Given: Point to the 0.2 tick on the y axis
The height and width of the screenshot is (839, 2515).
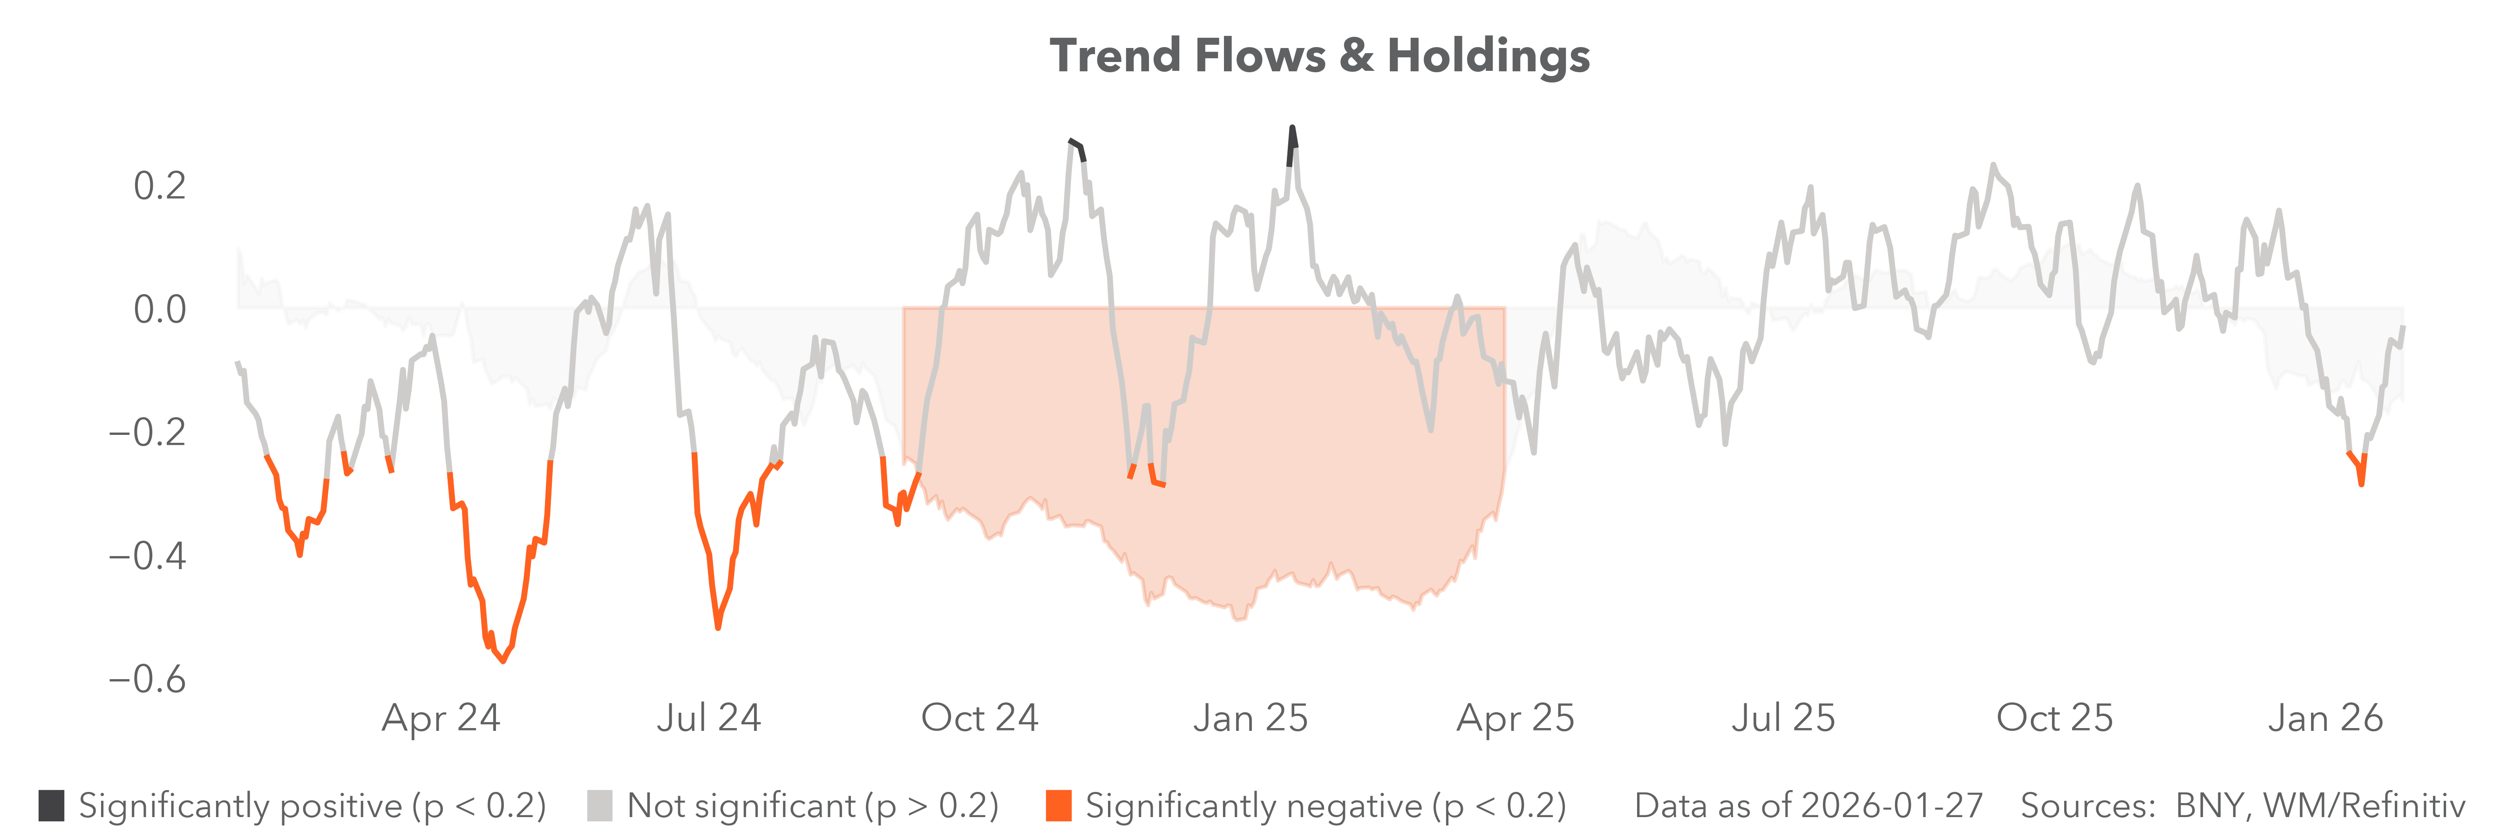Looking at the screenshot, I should click(159, 186).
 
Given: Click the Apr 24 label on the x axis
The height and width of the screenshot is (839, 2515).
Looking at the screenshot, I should click(442, 718).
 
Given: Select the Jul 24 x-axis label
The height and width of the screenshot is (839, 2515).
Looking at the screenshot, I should click(709, 718).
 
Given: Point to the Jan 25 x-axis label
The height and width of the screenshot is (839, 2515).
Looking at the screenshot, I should click(1251, 718).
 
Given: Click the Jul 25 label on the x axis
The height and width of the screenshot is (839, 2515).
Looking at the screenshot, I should click(1784, 718).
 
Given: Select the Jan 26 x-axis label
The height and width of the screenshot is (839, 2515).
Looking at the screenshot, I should click(2325, 718).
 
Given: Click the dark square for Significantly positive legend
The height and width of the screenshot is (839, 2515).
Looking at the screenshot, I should click(52, 806).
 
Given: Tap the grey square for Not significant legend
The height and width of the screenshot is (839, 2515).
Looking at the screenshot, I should click(599, 806).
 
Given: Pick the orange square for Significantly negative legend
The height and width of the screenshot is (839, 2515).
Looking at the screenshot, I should click(1058, 806).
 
